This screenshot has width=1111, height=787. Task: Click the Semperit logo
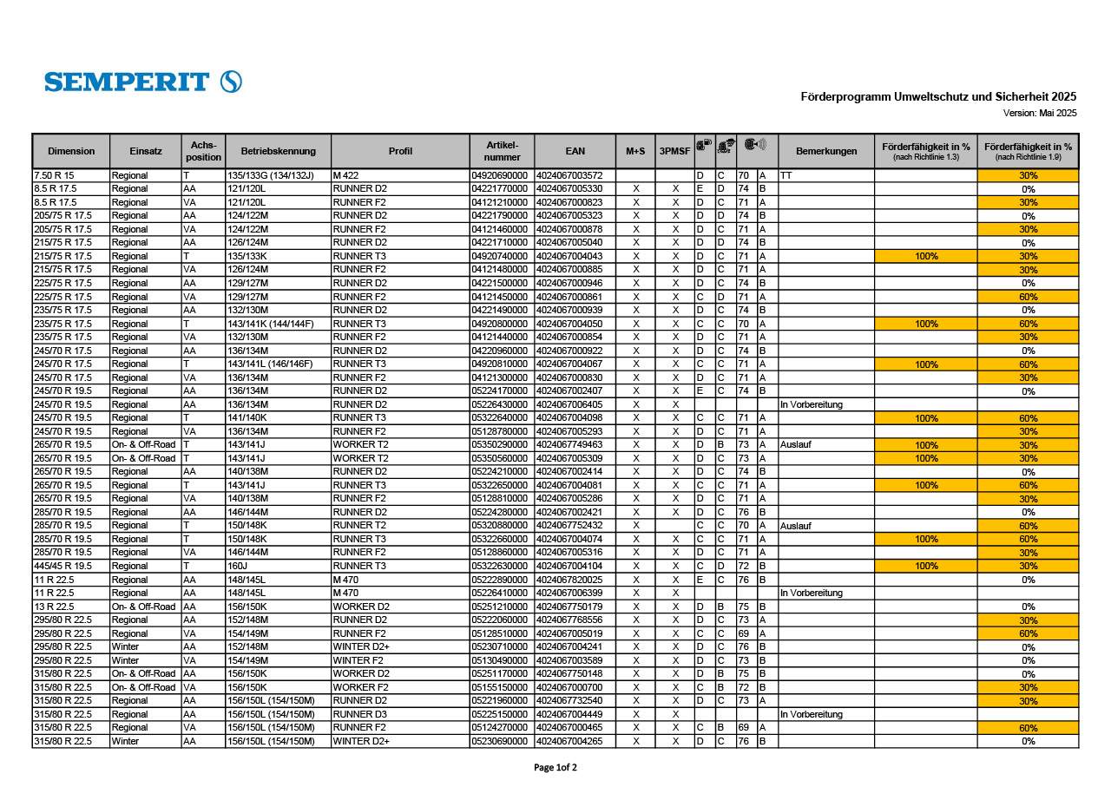[x=143, y=82]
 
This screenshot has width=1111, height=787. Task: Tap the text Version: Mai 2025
[x=1040, y=113]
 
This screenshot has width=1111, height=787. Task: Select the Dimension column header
[x=71, y=151]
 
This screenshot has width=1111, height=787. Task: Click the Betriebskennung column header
[x=278, y=151]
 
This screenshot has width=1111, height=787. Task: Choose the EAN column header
[x=575, y=151]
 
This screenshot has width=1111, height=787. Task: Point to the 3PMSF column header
[x=674, y=151]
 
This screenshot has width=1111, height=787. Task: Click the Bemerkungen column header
[x=825, y=151]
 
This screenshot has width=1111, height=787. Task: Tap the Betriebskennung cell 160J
[x=237, y=566]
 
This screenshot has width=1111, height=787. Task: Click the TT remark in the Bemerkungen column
[x=786, y=175]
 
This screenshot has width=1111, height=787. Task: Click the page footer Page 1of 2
[x=555, y=767]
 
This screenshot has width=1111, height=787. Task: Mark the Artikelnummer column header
[x=502, y=151]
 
